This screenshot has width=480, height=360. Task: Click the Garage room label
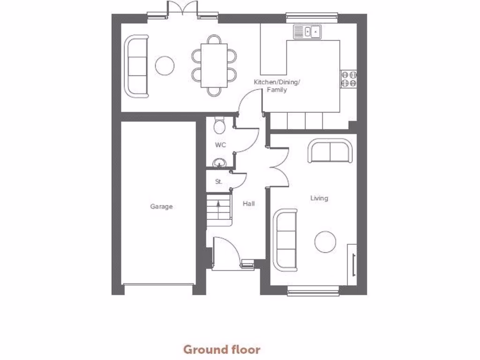pyautogui.click(x=161, y=206)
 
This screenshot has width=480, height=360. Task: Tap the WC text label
pyautogui.click(x=220, y=145)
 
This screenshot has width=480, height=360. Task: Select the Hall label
pyautogui.click(x=248, y=204)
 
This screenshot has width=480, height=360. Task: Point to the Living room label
pyautogui.click(x=319, y=198)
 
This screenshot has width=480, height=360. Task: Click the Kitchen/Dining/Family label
pyautogui.click(x=277, y=86)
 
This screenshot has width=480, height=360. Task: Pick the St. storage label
pyautogui.click(x=218, y=181)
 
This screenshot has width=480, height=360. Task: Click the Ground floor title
pyautogui.click(x=221, y=349)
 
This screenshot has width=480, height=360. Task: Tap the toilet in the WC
pyautogui.click(x=219, y=126)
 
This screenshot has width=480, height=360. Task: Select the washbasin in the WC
pyautogui.click(x=219, y=163)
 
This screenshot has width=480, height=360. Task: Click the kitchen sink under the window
pyautogui.click(x=307, y=32)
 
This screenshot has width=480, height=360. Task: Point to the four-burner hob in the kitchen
pyautogui.click(x=349, y=78)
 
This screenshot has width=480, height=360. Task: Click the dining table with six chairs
pyautogui.click(x=214, y=65)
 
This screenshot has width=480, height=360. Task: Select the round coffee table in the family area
pyautogui.click(x=165, y=66)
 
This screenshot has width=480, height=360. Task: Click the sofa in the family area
pyautogui.click(x=136, y=66)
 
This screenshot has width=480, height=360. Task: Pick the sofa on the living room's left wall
pyautogui.click(x=285, y=240)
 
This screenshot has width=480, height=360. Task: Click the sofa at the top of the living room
pyautogui.click(x=330, y=151)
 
